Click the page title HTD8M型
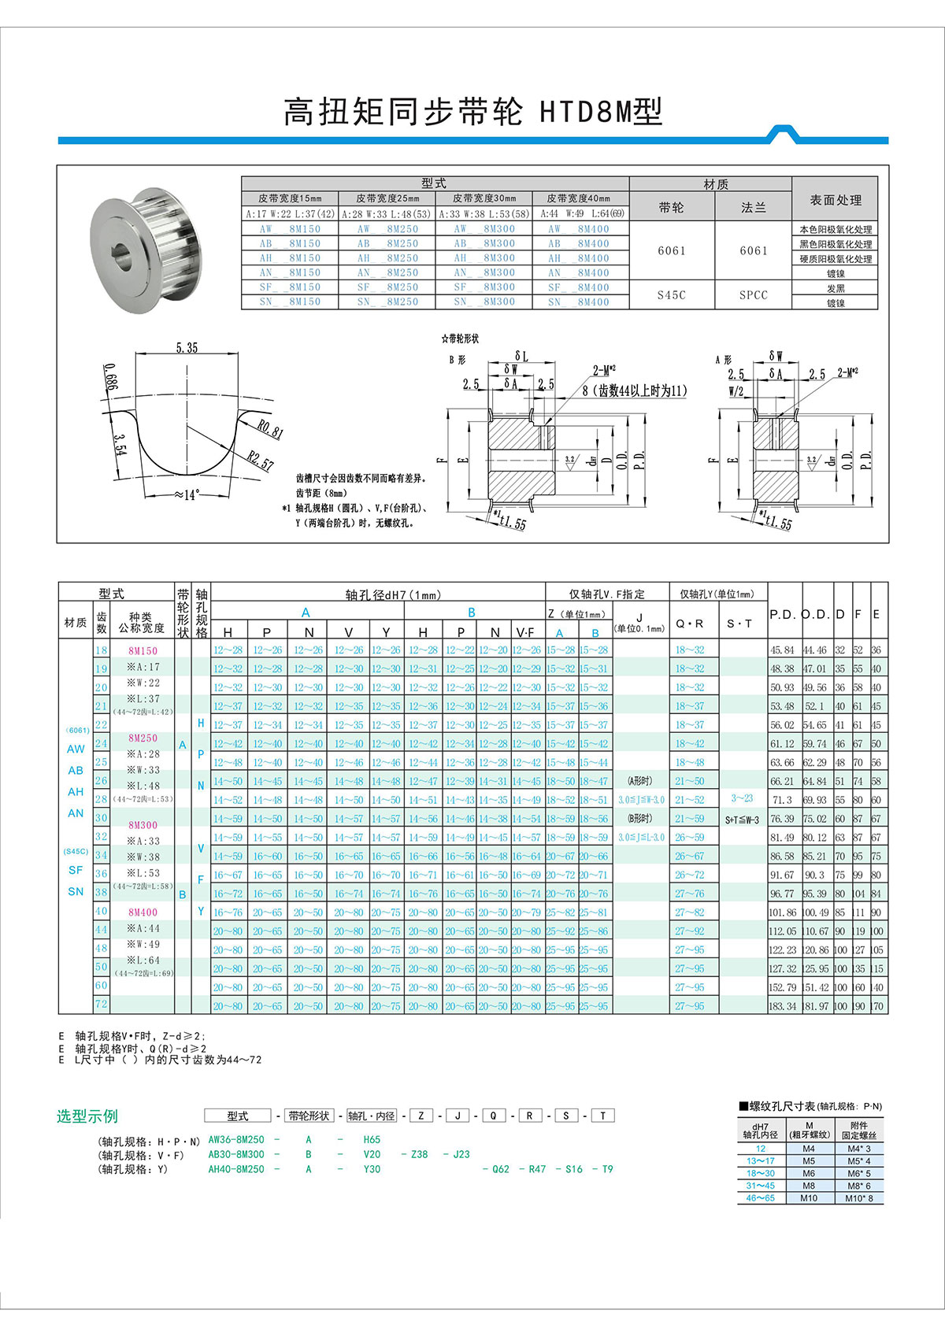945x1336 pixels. coord(601,113)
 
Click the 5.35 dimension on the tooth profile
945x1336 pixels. coord(187,348)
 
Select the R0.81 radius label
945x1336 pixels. coord(270,429)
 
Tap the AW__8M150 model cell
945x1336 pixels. coord(290,229)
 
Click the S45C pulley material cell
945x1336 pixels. coord(671,294)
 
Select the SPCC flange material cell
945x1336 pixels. coord(753,294)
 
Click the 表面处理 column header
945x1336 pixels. coord(835,200)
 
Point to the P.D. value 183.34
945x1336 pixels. coord(782,1006)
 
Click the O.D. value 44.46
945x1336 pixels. coord(815,650)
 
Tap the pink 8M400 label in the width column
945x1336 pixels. coord(143,912)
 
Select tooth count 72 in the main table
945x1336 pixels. coord(101,1004)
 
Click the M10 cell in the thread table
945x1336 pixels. coord(809,1198)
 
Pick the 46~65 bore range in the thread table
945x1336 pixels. coord(760,1198)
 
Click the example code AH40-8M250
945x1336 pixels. coord(236,1169)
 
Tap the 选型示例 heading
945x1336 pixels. coord(87,1116)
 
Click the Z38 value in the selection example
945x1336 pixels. coord(419,1154)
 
